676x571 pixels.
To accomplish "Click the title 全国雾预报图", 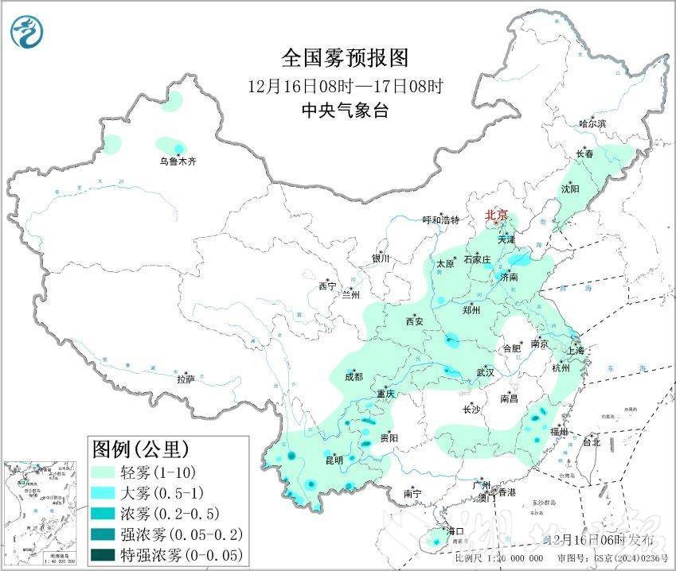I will (344, 58).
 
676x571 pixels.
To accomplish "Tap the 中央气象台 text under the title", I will (344, 111).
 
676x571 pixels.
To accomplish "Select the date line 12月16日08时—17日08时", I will (344, 84).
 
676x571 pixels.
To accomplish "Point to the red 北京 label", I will (497, 215).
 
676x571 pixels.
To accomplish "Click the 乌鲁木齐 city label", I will (177, 161).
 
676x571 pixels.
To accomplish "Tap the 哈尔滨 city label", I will (592, 123).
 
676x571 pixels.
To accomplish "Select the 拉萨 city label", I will (185, 380).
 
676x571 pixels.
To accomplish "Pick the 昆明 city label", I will (334, 460).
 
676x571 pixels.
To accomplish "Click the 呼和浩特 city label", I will (440, 220).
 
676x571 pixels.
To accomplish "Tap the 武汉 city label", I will (485, 372).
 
